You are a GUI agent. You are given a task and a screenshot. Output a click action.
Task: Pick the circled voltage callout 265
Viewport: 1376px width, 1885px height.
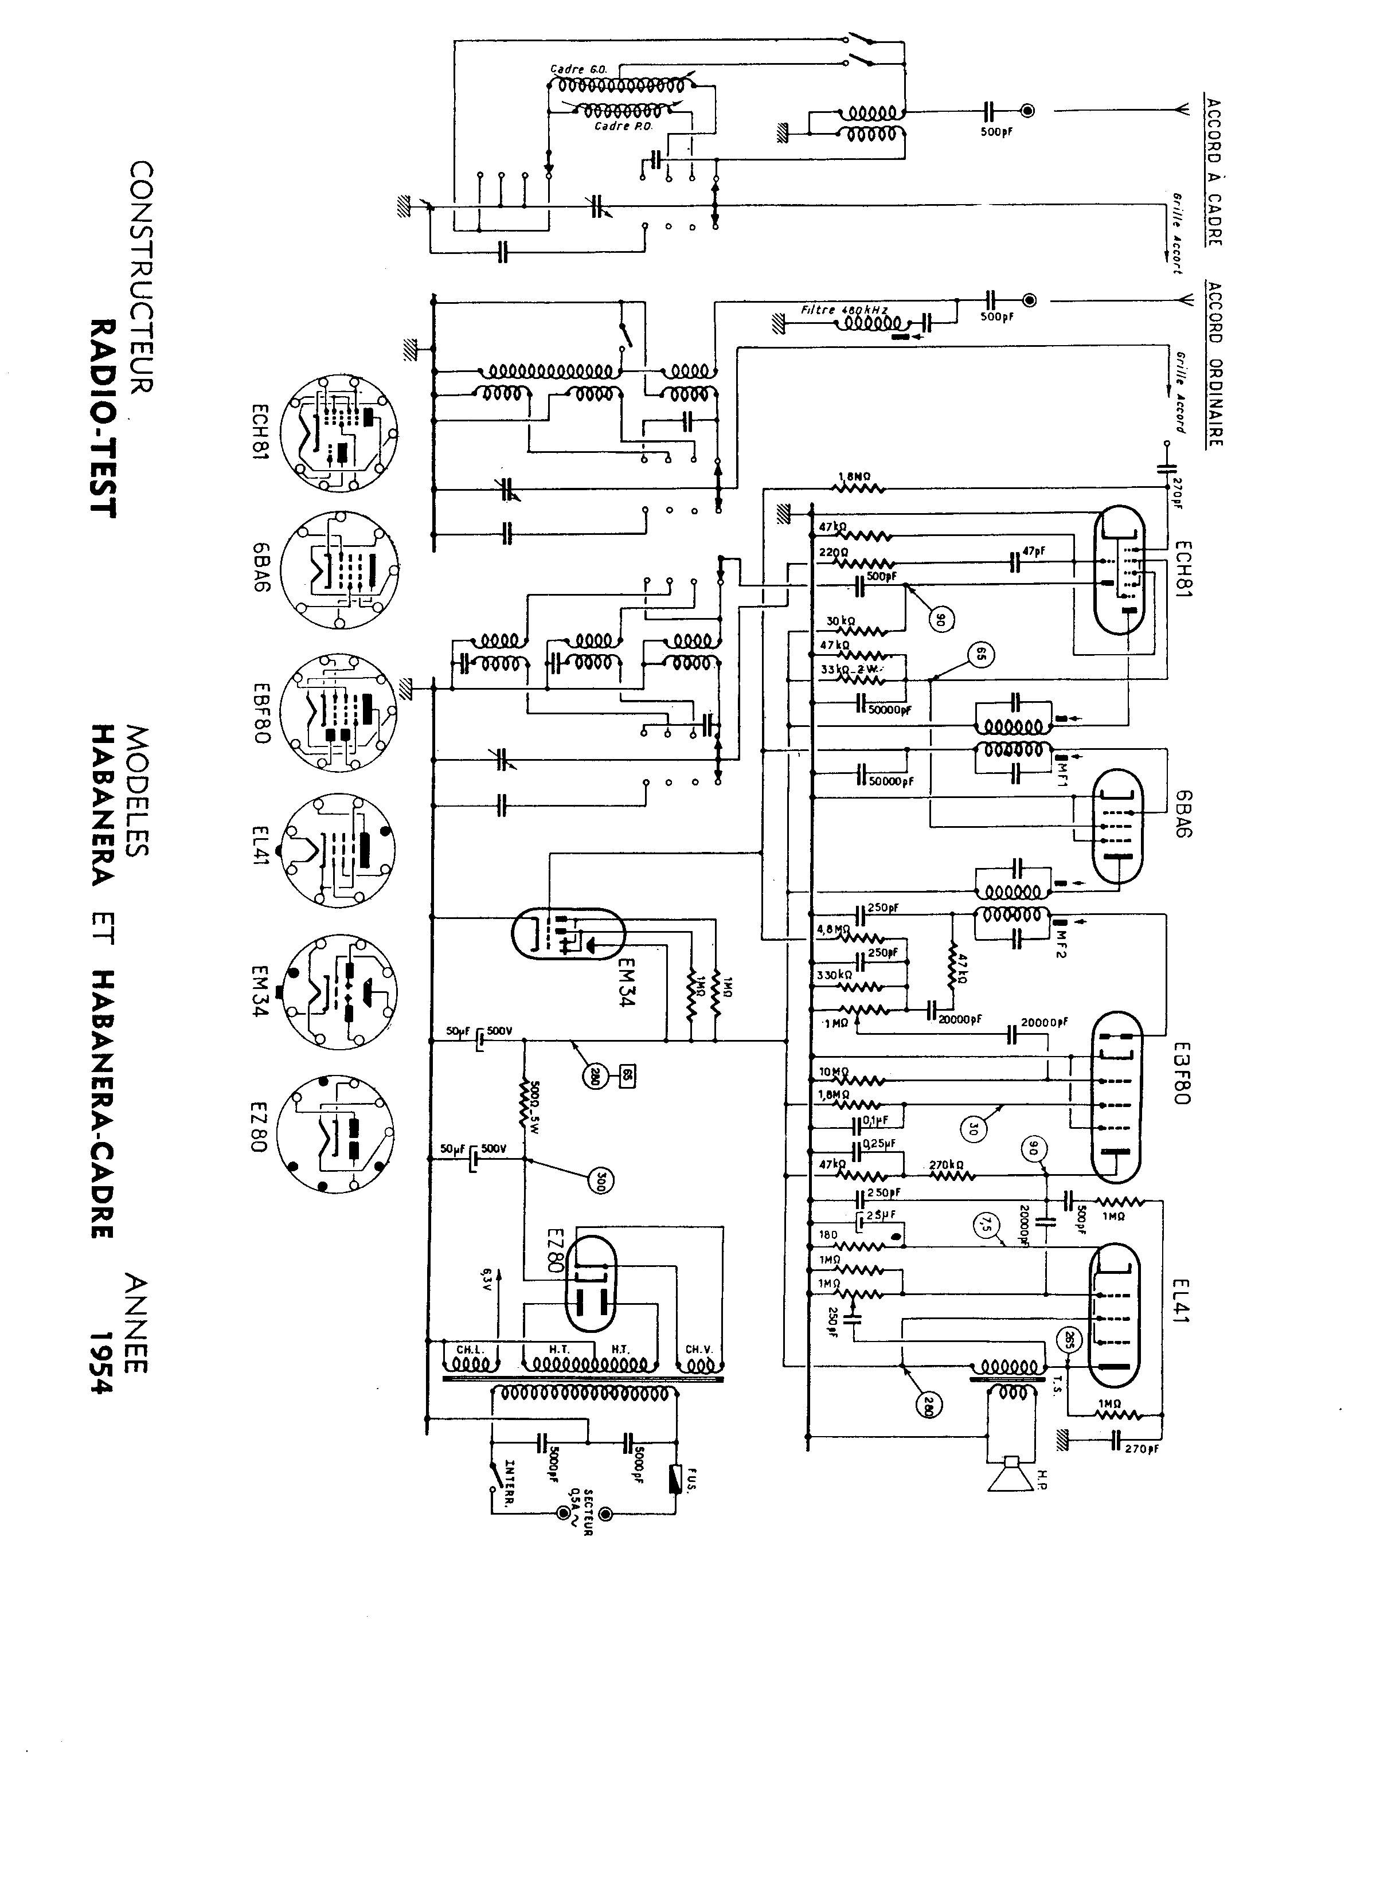(x=1069, y=1340)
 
